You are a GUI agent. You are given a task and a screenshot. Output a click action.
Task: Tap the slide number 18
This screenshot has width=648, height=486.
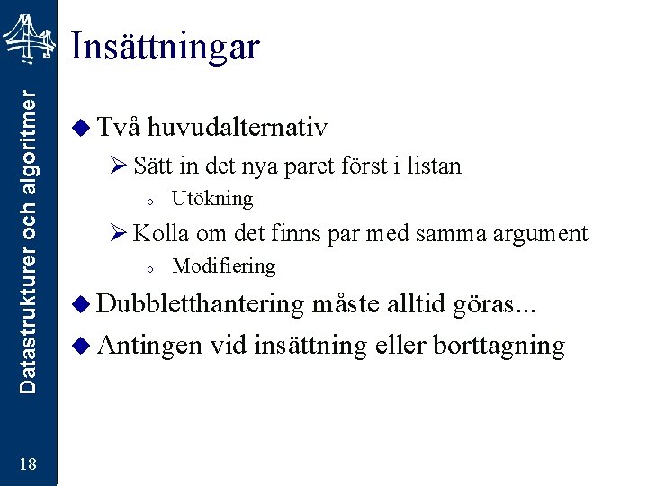tap(28, 464)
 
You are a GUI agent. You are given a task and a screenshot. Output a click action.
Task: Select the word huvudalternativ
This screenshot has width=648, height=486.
tap(238, 128)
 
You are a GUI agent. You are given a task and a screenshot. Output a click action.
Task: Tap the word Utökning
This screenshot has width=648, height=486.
tap(212, 198)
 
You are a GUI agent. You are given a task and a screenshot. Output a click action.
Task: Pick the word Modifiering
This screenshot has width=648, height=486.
tap(223, 265)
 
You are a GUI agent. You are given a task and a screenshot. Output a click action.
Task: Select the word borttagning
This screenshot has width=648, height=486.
tap(499, 346)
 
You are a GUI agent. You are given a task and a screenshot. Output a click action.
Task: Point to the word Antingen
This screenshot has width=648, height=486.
tap(149, 346)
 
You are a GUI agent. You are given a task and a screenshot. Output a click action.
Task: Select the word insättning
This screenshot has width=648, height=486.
tap(311, 346)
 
